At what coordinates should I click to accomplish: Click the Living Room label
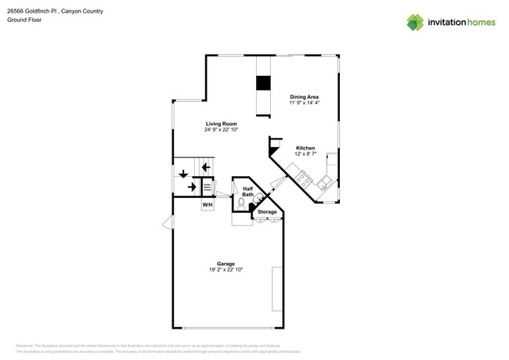tap(222, 124)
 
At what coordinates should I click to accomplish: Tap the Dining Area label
tap(304, 97)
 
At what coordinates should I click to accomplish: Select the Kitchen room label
tap(305, 148)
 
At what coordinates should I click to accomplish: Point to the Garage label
tap(226, 264)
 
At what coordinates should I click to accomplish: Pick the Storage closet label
tap(267, 212)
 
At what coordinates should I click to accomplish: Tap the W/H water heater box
tap(208, 205)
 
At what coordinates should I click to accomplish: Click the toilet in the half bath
tap(241, 203)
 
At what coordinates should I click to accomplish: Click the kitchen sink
tap(324, 182)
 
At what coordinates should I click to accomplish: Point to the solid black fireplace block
tap(263, 84)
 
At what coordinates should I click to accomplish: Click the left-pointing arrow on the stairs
tap(205, 167)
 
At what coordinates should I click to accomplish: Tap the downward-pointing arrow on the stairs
tap(183, 173)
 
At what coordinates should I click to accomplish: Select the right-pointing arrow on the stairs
tap(192, 186)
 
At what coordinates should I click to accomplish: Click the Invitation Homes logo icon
tap(414, 23)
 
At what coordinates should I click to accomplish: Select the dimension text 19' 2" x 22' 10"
tap(226, 270)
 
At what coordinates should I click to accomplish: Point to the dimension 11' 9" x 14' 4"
tap(304, 103)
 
